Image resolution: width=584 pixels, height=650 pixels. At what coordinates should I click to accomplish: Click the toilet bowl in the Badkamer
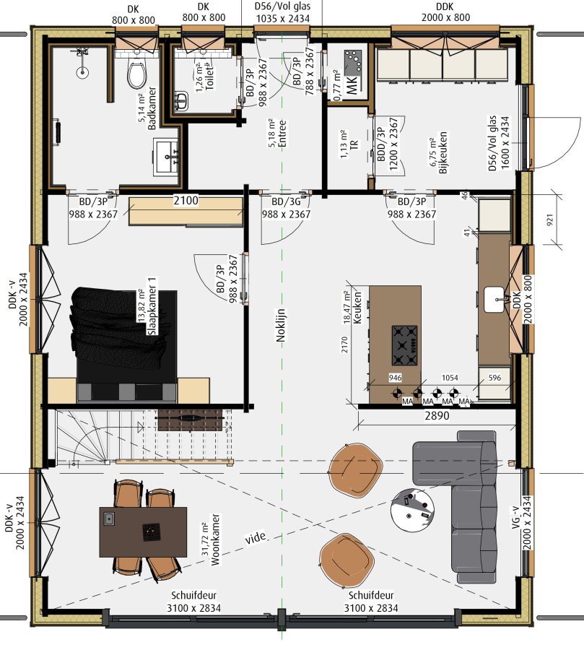point(136,74)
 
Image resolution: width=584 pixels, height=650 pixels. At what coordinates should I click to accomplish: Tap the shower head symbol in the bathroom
point(82,72)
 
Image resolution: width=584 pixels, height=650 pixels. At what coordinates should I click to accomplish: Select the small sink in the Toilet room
point(181,101)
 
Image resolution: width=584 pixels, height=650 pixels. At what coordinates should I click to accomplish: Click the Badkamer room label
point(152,108)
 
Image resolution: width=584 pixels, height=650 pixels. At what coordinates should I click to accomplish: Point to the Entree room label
point(283,134)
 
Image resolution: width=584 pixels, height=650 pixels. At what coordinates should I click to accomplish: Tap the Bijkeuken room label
point(443,152)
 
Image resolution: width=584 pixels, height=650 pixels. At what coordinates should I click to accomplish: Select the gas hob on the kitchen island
point(404,345)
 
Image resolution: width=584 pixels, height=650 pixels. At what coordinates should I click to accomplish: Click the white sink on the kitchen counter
point(494,299)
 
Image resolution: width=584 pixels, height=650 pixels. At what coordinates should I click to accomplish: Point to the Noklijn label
point(281,326)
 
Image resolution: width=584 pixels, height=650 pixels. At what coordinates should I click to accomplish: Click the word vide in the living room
point(256,538)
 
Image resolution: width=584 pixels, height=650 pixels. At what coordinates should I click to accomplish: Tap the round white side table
point(412,508)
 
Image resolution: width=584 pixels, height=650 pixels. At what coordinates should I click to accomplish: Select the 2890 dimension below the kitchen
point(437,415)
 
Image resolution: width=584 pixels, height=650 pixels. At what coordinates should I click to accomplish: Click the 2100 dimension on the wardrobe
point(186,201)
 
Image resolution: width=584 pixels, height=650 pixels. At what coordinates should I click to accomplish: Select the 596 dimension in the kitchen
point(494,378)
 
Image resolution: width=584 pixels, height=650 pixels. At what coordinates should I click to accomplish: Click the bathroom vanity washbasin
point(167,157)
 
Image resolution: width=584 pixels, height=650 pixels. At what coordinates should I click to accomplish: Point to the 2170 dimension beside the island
point(344,344)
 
